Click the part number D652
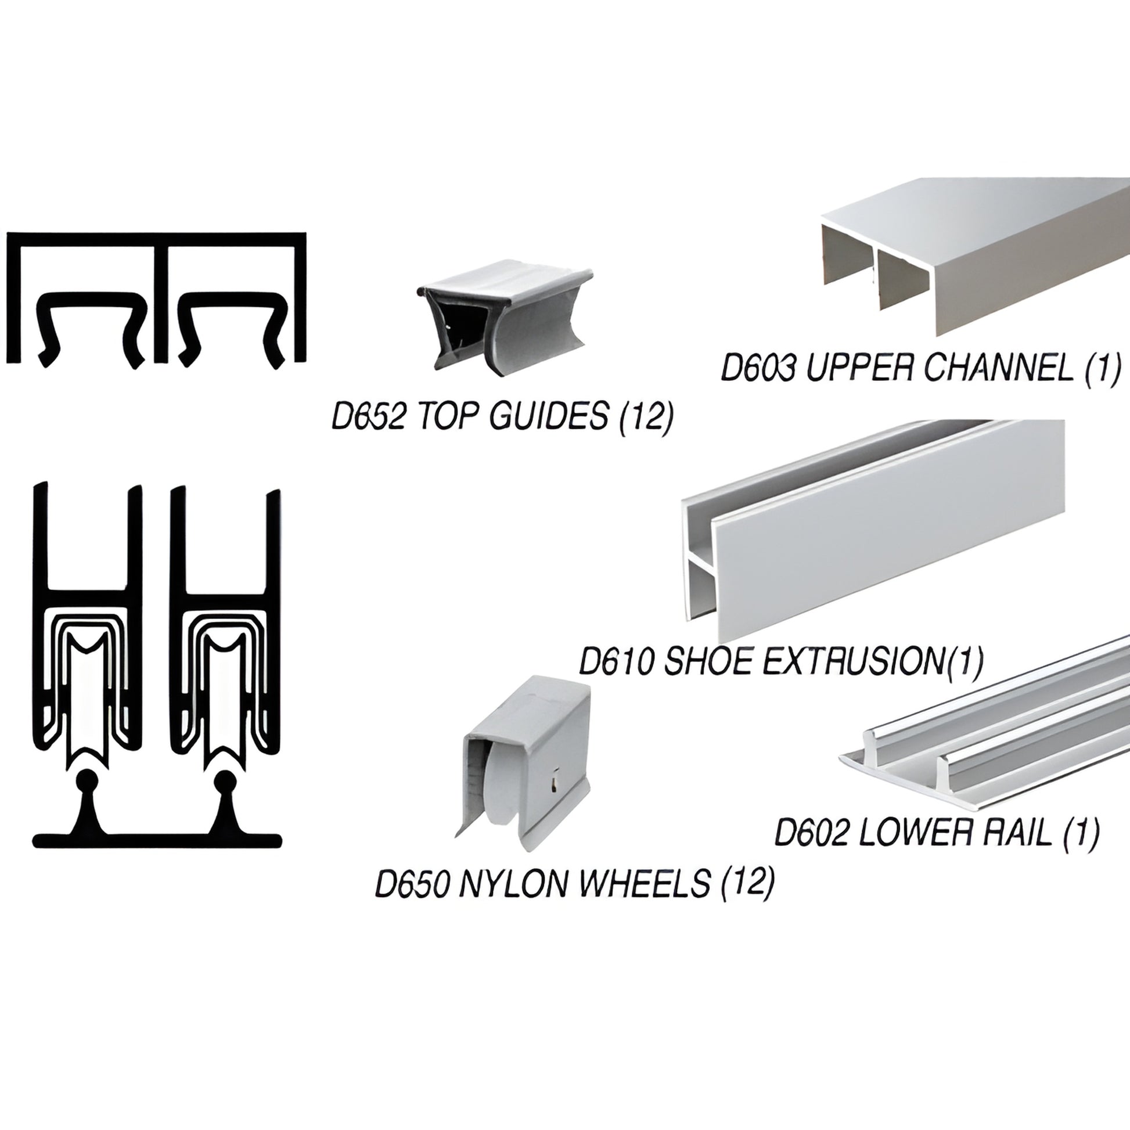[368, 417]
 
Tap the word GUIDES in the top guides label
[548, 417]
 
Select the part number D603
[758, 368]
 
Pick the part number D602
[811, 833]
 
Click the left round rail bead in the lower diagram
[88, 780]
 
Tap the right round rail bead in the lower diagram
[224, 780]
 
